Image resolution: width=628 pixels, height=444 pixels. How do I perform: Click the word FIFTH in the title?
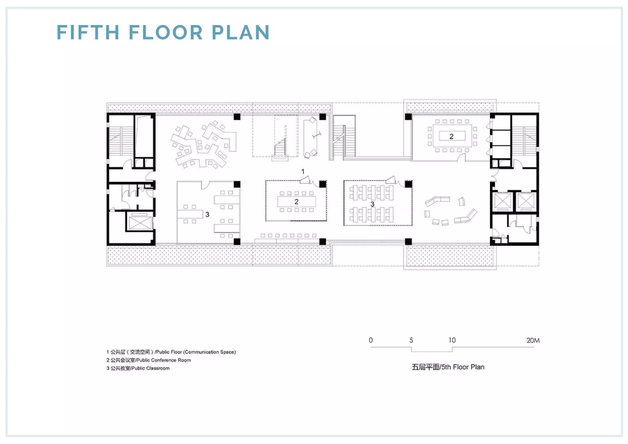[88, 32]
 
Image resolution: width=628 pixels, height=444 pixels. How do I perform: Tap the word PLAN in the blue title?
[241, 32]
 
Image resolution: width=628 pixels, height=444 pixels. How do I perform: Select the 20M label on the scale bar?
[533, 340]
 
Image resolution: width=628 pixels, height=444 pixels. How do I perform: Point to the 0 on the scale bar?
[371, 340]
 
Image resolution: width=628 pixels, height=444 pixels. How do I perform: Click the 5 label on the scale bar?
[411, 340]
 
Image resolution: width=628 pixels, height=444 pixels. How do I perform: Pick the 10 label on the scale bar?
[452, 340]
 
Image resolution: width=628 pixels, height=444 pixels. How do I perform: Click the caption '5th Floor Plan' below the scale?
[463, 367]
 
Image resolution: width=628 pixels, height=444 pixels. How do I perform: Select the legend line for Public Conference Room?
[149, 360]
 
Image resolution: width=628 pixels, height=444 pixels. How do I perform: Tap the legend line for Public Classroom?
[138, 368]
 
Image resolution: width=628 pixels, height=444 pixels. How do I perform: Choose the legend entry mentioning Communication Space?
[171, 352]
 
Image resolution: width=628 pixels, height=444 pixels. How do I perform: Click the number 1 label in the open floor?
[303, 171]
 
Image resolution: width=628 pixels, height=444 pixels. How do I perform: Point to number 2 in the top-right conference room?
[451, 136]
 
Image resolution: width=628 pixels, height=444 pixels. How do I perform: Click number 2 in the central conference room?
[297, 202]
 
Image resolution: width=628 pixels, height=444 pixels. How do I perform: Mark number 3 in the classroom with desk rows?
[372, 204]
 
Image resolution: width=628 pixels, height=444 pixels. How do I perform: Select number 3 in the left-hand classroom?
[207, 214]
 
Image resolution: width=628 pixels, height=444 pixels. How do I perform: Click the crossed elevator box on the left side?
[140, 223]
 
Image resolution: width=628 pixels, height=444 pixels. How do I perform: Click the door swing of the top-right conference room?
[461, 157]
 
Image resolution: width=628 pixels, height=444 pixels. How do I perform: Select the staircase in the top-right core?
[524, 141]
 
